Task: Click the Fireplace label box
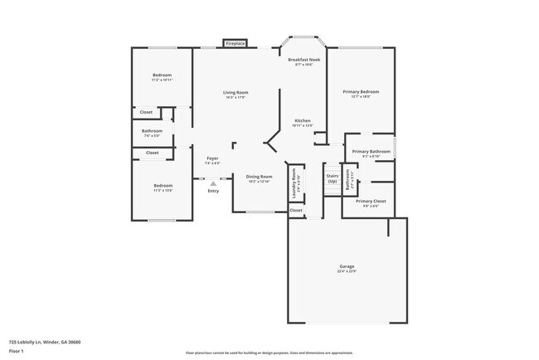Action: click(235, 43)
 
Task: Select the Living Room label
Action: click(236, 93)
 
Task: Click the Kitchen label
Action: click(303, 121)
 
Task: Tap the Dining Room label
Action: click(259, 177)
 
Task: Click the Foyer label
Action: click(212, 158)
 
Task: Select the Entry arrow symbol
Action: click(213, 182)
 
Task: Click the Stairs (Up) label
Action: click(333, 178)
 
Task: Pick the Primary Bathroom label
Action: click(370, 152)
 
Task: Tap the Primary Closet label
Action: click(371, 202)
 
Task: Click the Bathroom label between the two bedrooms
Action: click(152, 131)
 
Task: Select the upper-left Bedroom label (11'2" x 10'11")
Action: click(162, 77)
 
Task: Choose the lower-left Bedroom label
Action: click(163, 186)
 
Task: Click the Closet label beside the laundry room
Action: click(296, 211)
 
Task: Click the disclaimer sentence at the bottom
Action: click(269, 353)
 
